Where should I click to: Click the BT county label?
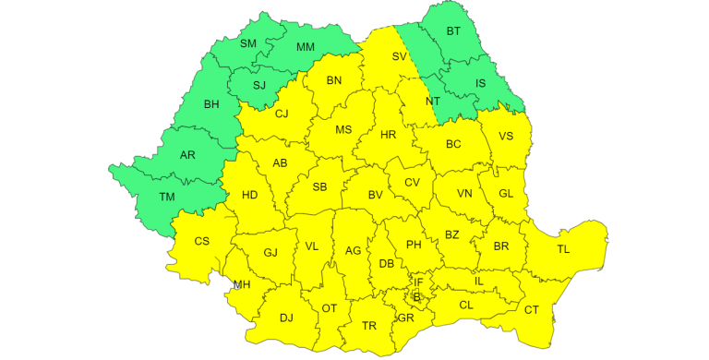[x=453, y=31]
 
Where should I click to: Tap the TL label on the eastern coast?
[x=563, y=250]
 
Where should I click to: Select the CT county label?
[x=532, y=309]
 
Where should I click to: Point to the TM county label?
[x=167, y=197]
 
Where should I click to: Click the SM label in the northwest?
[x=248, y=43]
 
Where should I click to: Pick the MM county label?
[x=306, y=47]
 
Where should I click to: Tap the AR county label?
[x=188, y=154]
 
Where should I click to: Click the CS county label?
[x=202, y=242]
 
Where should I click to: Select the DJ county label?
[x=286, y=318]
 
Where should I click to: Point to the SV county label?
[x=399, y=57]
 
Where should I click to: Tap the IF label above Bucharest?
[x=418, y=282]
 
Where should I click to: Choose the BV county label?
[x=376, y=195]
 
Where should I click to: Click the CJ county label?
[x=282, y=114]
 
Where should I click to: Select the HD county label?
[x=250, y=195]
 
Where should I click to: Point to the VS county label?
[x=506, y=137]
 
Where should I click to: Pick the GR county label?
[x=405, y=318]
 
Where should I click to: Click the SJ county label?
[x=259, y=85]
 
